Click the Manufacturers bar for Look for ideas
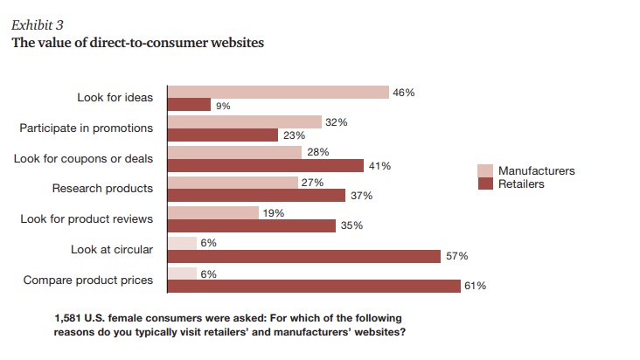click(x=278, y=92)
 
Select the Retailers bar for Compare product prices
click(x=314, y=286)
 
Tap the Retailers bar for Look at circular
click(x=303, y=256)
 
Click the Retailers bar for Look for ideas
click(x=189, y=105)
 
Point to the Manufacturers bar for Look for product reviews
click(x=213, y=212)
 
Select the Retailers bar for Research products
click(x=256, y=196)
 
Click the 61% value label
click(x=476, y=286)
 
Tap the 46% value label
click(x=403, y=92)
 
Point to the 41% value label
click(x=379, y=166)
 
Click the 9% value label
click(x=223, y=106)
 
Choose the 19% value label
click(x=273, y=212)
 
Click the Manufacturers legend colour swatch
click(x=485, y=170)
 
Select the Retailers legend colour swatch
click(x=485, y=184)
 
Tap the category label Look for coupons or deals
click(x=84, y=158)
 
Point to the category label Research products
click(x=103, y=188)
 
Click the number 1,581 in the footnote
click(x=69, y=318)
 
